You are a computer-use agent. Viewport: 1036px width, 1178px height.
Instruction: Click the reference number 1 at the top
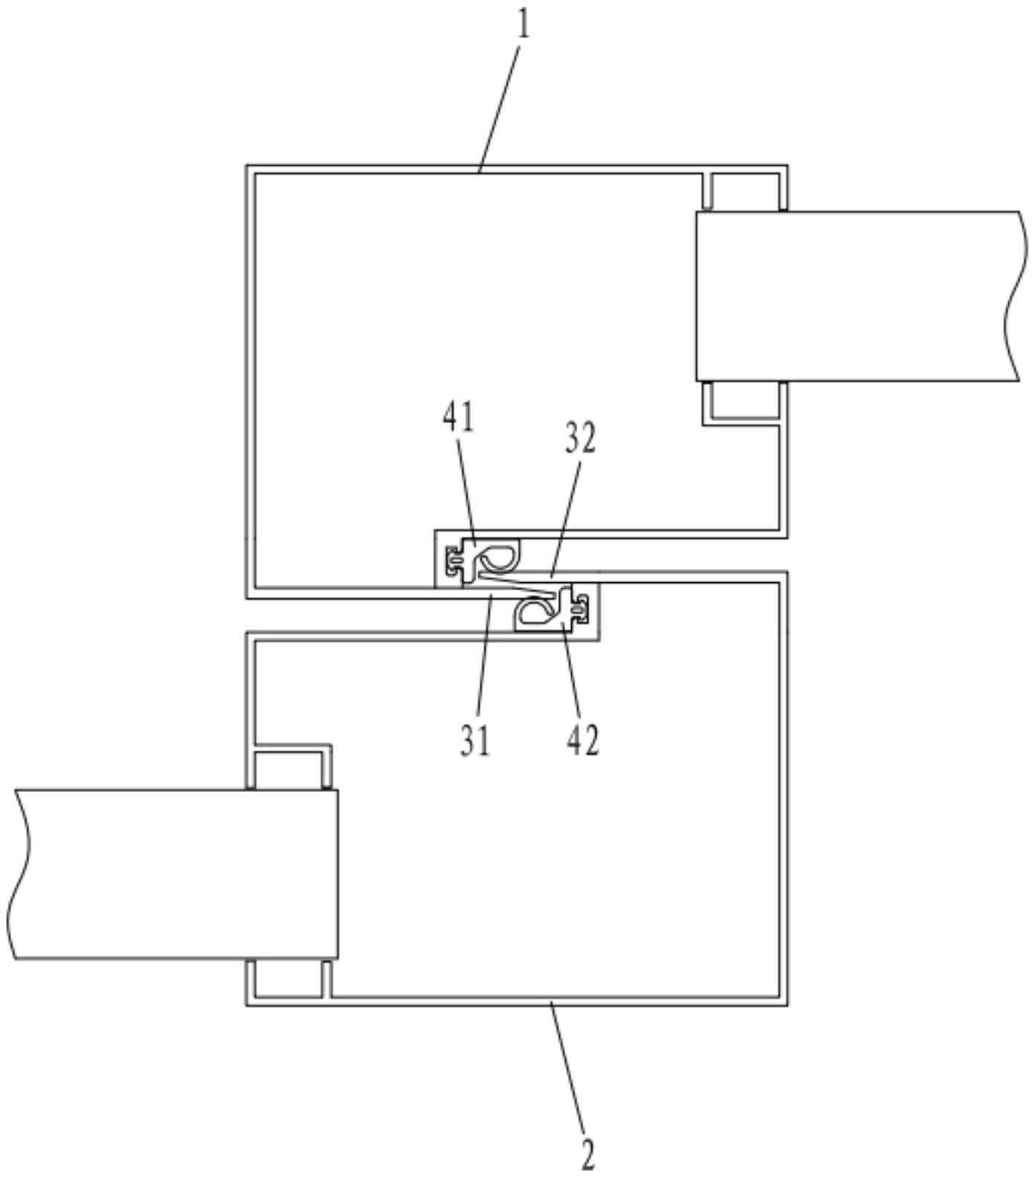click(x=524, y=25)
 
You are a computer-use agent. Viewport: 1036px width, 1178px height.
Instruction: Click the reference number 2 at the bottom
click(x=588, y=1155)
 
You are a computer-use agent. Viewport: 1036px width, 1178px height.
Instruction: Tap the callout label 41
click(x=458, y=418)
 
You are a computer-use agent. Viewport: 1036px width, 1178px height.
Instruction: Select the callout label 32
click(x=580, y=439)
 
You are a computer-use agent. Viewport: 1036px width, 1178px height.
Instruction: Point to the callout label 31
click(x=475, y=741)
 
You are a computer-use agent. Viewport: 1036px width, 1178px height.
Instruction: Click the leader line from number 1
click(x=502, y=97)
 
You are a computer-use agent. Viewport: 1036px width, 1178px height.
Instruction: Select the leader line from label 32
click(x=565, y=513)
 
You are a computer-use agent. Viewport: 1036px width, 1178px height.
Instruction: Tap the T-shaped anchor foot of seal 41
click(x=453, y=559)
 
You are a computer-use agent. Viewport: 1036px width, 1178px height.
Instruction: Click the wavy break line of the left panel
click(x=20, y=874)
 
